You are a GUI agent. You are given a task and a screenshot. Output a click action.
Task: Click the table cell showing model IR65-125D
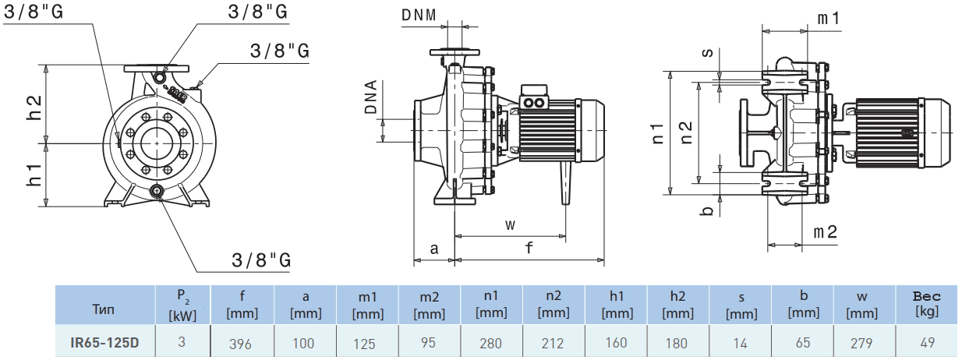[x=104, y=342]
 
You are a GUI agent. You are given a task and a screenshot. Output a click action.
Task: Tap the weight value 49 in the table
[x=927, y=343]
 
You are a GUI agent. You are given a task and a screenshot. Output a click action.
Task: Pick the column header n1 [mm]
[x=491, y=305]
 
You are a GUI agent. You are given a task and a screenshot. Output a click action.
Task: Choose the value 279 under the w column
[x=865, y=343]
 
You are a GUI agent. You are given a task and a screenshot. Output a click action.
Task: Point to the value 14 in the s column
[x=740, y=343]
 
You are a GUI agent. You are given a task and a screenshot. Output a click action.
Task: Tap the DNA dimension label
[x=372, y=97]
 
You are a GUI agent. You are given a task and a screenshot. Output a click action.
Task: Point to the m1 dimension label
[x=827, y=18]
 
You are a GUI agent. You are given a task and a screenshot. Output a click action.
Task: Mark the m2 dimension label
[x=826, y=232]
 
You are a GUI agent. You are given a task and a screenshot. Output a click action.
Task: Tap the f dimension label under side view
[x=529, y=249]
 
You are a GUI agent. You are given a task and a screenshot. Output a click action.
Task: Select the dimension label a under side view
[x=434, y=249]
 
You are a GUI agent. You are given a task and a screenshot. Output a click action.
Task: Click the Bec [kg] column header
[x=927, y=305]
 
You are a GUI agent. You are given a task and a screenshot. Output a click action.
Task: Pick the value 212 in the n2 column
[x=554, y=343]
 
